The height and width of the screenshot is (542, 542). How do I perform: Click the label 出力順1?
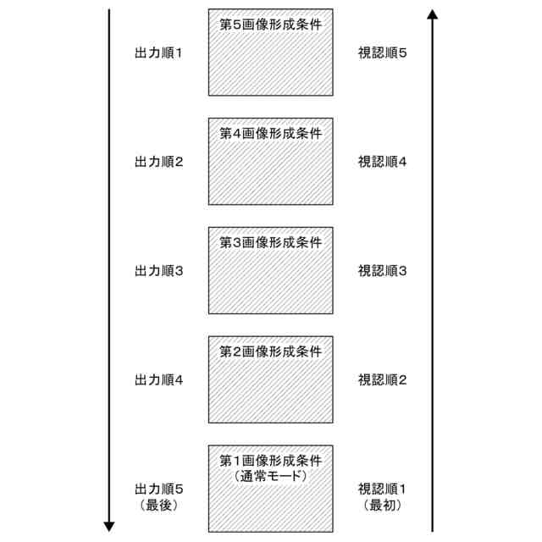159,53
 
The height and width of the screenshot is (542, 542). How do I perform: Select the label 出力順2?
159,162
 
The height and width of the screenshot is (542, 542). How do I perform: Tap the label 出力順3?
159,271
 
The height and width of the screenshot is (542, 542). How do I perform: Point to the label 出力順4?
159,380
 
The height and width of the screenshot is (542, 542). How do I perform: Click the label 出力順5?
159,489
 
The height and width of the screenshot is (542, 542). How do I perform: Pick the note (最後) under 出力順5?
159,505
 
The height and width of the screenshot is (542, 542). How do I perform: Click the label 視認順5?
383,53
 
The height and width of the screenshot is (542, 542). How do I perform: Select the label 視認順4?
383,162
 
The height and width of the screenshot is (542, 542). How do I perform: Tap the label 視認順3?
383,271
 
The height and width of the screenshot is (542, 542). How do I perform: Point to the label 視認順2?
383,380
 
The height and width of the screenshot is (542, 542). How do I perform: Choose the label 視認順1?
383,489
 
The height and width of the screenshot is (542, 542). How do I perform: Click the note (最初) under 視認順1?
383,505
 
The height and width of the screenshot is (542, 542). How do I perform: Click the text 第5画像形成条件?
271,24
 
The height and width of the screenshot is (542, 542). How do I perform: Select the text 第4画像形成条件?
271,133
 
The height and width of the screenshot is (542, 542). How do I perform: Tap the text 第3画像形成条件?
271,242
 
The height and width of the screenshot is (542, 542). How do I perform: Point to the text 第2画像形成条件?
271,351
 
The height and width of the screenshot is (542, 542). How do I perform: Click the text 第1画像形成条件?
271,461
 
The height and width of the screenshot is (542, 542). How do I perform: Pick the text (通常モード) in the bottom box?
271,476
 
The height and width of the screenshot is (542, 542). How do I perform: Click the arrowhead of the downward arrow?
109,526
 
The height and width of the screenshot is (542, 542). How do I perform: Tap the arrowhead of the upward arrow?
433,14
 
